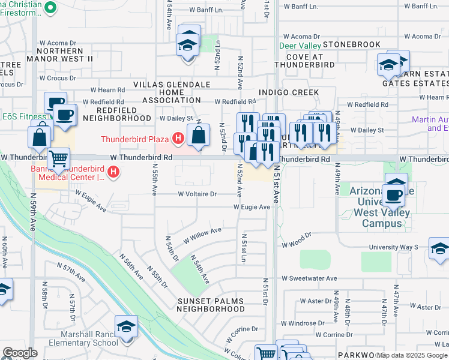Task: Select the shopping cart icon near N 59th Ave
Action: pos(59,158)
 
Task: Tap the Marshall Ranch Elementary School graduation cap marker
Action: pos(127,328)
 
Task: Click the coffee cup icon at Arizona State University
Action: pos(394,195)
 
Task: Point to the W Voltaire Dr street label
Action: pos(197,194)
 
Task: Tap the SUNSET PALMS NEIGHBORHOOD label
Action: pos(211,304)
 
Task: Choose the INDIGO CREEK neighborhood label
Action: pos(288,92)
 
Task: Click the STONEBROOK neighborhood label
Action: pos(352,44)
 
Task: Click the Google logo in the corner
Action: pos(20,353)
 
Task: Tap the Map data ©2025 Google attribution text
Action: pos(412,355)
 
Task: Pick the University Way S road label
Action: pos(393,247)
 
